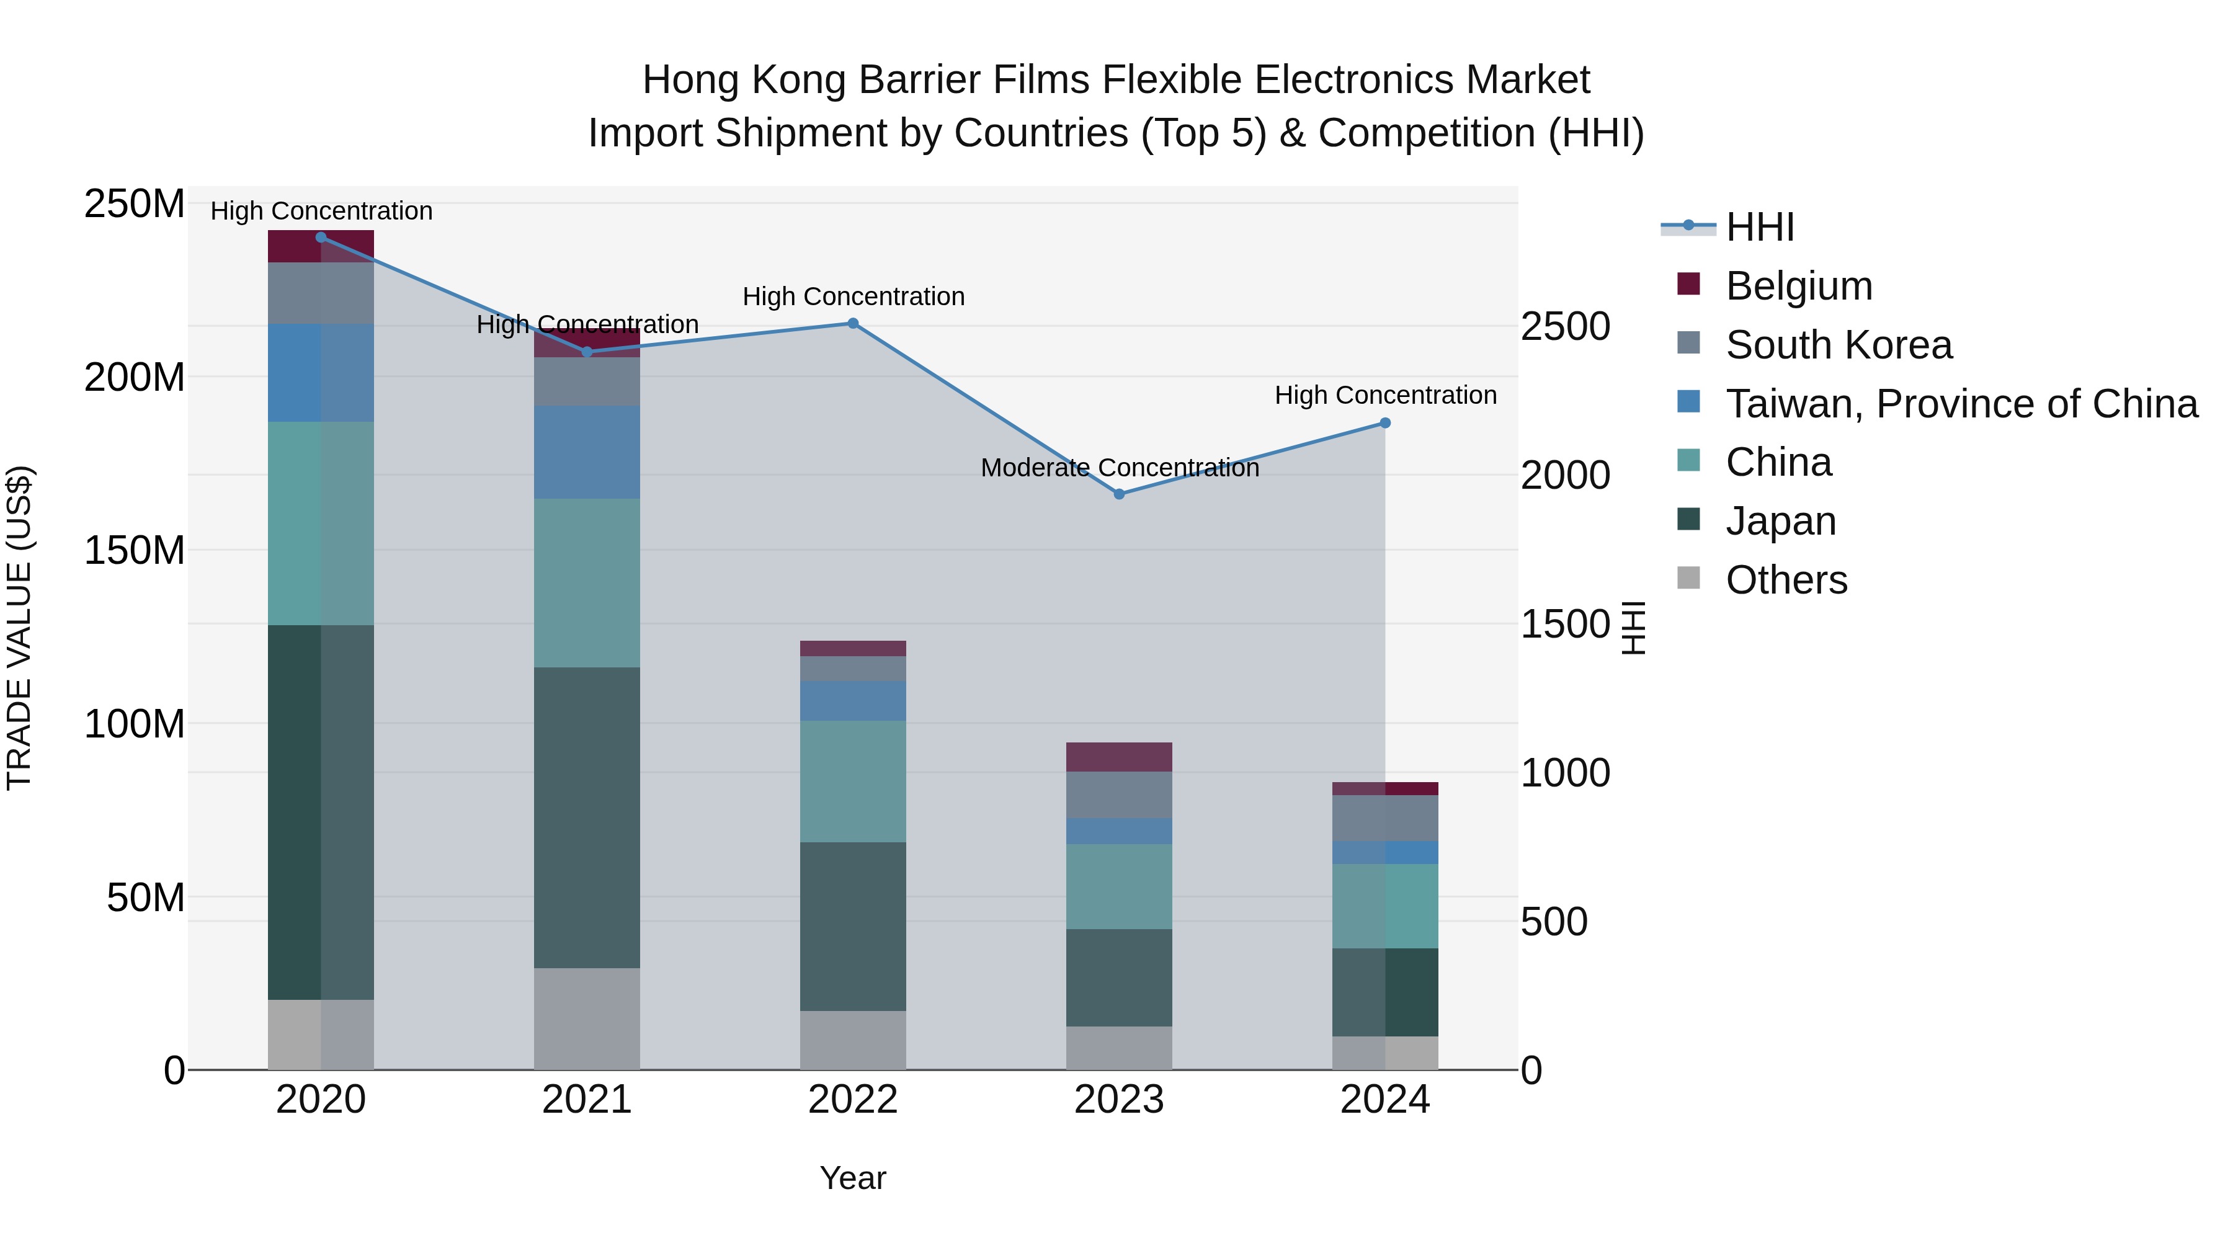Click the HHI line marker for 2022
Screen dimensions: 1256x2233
coord(852,323)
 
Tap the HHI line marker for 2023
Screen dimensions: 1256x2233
coord(1118,494)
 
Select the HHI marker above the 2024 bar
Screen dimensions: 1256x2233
coord(1384,423)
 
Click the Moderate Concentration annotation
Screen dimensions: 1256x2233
coord(1119,468)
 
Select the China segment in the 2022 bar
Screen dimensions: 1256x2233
coord(852,781)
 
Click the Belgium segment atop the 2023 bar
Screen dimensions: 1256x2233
coord(1118,757)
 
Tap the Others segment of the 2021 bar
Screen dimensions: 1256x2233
coord(587,1018)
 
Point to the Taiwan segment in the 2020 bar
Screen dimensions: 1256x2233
coord(321,373)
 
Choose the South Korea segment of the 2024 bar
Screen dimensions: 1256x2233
coord(1384,817)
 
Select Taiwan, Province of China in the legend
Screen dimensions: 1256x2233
coord(1961,404)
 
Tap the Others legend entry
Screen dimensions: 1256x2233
coord(1786,580)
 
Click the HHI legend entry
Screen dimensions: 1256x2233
coord(1759,227)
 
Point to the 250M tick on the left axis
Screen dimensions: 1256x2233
coord(135,205)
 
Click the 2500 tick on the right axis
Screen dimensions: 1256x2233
coord(1566,327)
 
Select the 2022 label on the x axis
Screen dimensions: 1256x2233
coord(852,1100)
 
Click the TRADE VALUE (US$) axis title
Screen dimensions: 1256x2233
coord(19,628)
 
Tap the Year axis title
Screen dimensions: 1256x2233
coord(852,1178)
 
